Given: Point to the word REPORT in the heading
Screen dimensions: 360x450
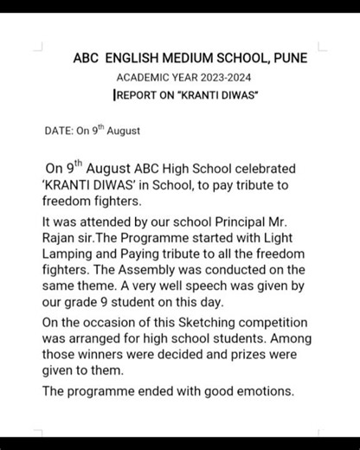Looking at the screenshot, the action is tap(138, 94).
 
